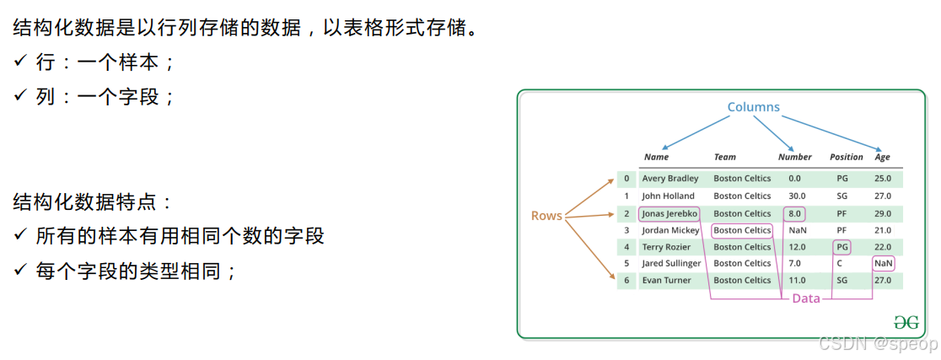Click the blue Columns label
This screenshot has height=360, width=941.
click(753, 107)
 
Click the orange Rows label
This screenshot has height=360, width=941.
click(546, 216)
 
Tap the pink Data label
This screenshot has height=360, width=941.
click(806, 298)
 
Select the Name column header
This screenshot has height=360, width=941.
click(656, 157)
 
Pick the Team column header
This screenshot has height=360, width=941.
click(724, 157)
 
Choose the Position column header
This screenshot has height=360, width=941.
click(846, 157)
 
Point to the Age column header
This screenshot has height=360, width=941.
click(882, 157)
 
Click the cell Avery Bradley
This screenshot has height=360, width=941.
click(670, 179)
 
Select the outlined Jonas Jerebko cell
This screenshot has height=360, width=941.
click(669, 213)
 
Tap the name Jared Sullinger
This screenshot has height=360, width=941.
click(671, 264)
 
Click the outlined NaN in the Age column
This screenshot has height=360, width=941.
click(883, 264)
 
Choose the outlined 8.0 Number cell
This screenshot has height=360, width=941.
click(794, 213)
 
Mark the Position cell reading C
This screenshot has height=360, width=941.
click(840, 264)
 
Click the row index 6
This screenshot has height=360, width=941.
click(626, 281)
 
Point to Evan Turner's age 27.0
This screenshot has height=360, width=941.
click(883, 281)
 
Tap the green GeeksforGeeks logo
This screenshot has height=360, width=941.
click(906, 322)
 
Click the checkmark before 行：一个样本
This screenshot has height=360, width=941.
click(20, 62)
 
